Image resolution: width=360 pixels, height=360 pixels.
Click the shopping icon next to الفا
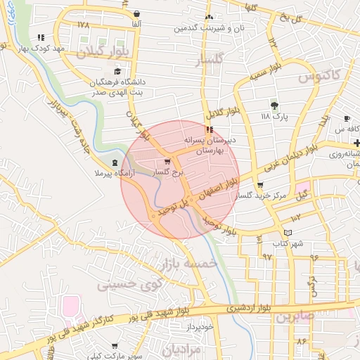click(136, 14)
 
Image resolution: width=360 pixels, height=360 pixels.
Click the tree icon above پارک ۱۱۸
click(274, 105)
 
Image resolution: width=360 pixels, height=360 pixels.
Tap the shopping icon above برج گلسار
click(167, 161)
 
